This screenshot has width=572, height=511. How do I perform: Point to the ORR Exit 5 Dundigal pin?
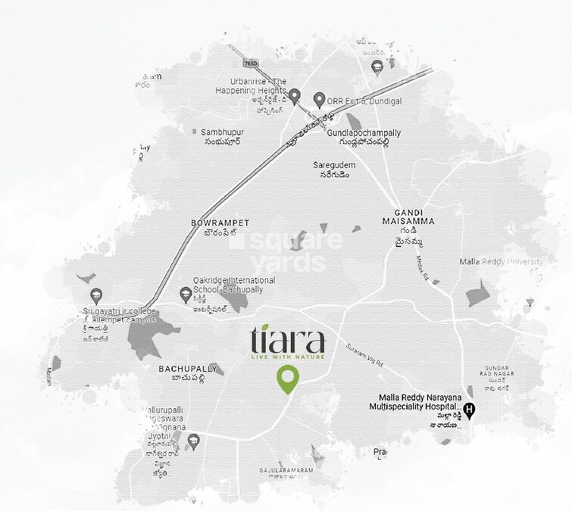pos(320,98)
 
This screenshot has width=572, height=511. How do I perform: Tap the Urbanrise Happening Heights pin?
pos(295,95)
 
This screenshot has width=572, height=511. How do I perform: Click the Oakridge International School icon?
pos(185,293)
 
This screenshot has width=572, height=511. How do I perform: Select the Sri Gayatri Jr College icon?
pos(95,294)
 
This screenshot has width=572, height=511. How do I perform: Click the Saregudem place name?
pos(335,164)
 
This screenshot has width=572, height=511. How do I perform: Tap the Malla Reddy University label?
pos(502,262)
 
